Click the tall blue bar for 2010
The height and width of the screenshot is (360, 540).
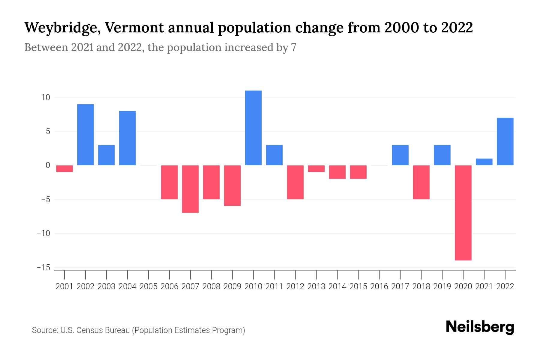(x=253, y=128)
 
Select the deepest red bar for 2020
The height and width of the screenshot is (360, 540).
(x=463, y=213)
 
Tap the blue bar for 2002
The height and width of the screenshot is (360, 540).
(x=85, y=135)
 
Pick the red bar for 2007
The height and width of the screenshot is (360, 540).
(x=190, y=189)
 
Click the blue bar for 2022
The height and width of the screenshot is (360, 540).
(x=505, y=142)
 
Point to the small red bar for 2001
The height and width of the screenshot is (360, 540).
(x=64, y=169)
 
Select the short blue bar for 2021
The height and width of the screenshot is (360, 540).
(x=484, y=162)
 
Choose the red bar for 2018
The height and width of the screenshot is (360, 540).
(x=421, y=182)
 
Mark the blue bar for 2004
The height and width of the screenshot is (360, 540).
(x=127, y=138)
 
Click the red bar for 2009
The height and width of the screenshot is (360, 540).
(x=232, y=186)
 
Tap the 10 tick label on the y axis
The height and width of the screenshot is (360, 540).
(x=46, y=97)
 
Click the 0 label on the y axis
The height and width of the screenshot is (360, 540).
(x=48, y=165)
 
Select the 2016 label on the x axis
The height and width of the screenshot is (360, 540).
(x=379, y=286)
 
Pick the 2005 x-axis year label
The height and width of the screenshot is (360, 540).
(x=148, y=286)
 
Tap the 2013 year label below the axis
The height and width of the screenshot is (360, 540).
(x=316, y=286)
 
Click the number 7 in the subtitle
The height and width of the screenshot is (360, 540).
(x=293, y=48)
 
